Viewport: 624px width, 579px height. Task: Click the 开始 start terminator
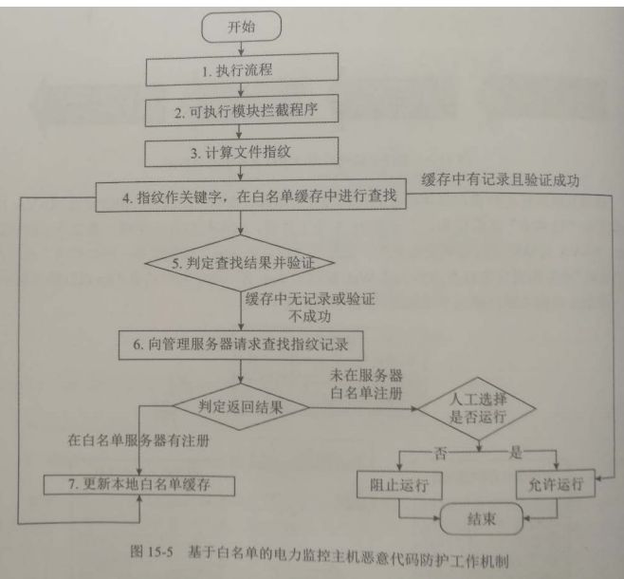[x=241, y=28]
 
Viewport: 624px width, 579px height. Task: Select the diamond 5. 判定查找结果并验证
[x=242, y=263]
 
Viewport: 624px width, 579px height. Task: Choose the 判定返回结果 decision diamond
[x=241, y=409]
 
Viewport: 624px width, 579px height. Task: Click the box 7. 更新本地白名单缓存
[x=140, y=486]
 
